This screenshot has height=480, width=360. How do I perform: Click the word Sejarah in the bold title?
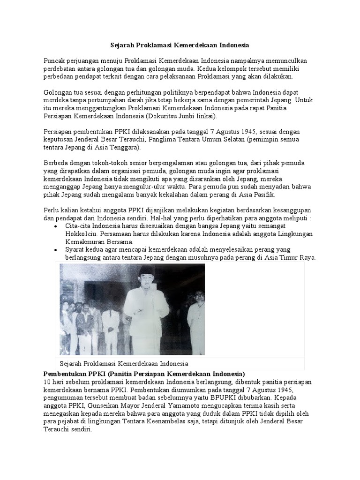click(121, 45)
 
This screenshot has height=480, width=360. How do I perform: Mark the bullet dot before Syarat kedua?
click(56, 250)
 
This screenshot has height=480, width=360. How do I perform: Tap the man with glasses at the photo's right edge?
click(196, 319)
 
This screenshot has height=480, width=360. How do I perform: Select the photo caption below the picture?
click(124, 364)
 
